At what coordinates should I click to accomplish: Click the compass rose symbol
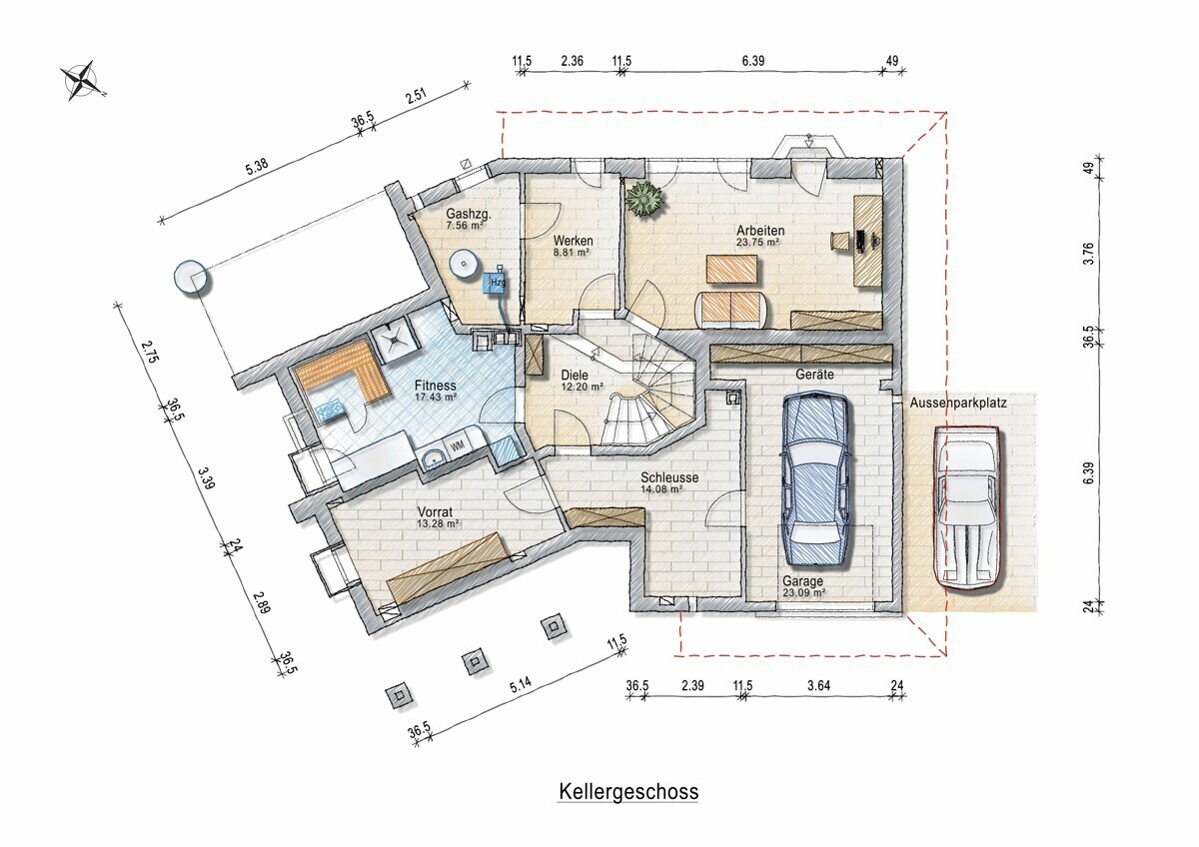81,80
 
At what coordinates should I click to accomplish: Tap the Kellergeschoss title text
628,791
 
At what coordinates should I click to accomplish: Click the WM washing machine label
459,444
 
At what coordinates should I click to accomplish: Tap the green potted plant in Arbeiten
645,199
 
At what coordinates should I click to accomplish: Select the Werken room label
573,241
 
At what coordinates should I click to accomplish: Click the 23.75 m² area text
757,242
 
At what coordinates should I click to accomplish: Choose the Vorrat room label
436,512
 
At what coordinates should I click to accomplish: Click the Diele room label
575,376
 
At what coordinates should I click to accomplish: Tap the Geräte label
814,375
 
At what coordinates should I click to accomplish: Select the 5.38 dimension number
257,167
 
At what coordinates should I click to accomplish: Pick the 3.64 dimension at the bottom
819,685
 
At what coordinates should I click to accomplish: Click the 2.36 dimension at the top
572,61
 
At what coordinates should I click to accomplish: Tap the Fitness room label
436,386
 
